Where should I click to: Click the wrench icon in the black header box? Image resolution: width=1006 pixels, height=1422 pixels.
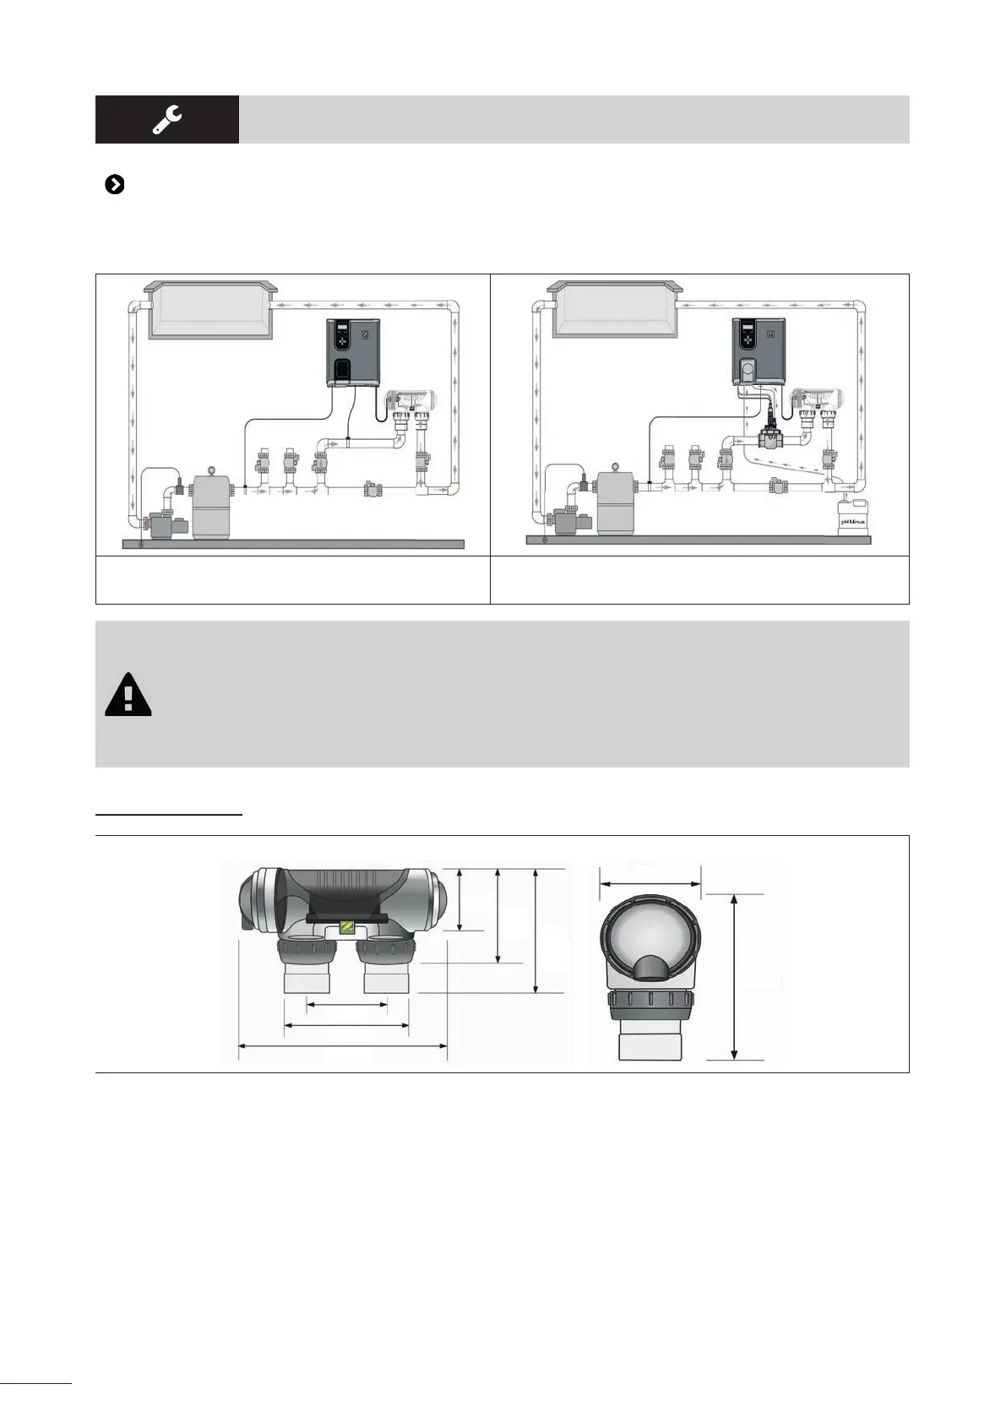coord(166,119)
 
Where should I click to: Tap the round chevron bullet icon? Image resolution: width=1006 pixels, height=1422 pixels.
coord(114,185)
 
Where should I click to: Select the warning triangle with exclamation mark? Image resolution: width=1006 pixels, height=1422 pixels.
coord(128,696)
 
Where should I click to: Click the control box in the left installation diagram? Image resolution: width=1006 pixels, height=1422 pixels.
coord(354,352)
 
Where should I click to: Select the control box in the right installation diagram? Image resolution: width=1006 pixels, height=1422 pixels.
coord(758,352)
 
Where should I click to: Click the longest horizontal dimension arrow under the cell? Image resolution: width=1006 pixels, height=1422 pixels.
coord(342,1046)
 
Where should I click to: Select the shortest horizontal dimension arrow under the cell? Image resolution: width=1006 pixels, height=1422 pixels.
coord(346,1005)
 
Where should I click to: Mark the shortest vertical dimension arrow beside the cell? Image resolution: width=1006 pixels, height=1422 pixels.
coord(459,898)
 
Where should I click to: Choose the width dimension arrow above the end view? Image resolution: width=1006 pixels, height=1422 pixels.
coord(650,884)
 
